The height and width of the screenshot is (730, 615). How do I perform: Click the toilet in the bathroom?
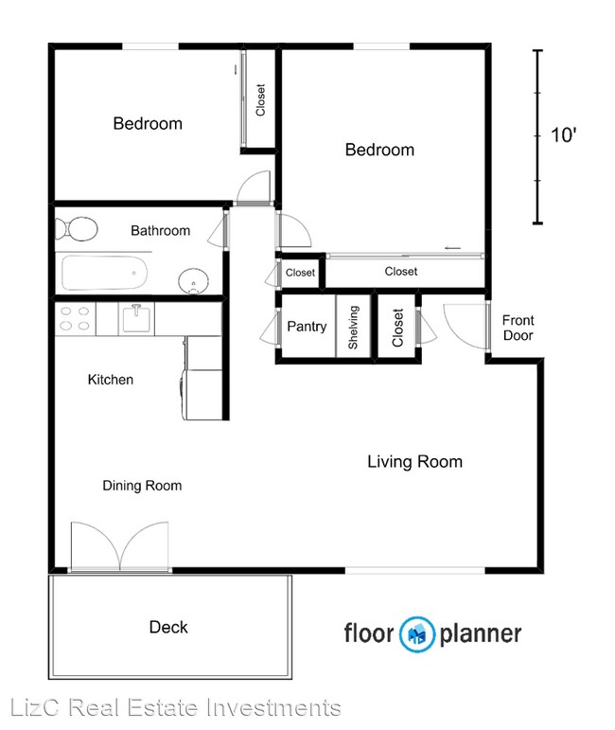[x=77, y=228]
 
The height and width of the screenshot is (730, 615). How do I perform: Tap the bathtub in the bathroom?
[x=105, y=273]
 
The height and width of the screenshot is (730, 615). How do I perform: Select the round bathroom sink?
[x=194, y=281]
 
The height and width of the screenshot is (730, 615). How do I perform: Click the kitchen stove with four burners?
[x=76, y=319]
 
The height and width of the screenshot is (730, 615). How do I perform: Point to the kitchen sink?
[x=136, y=318]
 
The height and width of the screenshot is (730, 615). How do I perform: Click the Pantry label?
[x=307, y=327]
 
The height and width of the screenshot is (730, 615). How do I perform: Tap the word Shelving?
[x=353, y=328]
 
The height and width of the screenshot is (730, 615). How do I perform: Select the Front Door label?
[x=518, y=328]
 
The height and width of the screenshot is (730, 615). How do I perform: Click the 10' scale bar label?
[x=563, y=135]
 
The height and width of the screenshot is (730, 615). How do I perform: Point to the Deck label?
[x=168, y=627]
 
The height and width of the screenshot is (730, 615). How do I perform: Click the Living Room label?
[x=415, y=462]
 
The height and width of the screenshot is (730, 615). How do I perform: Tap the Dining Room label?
[x=142, y=486]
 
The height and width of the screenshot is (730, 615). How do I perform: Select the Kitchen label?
[x=111, y=380]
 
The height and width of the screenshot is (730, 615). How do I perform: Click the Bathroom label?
[x=161, y=230]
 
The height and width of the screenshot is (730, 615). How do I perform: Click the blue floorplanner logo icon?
[x=417, y=633]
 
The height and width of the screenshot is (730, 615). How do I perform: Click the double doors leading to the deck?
[x=119, y=546]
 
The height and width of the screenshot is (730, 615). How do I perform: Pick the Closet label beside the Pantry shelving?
[x=397, y=328]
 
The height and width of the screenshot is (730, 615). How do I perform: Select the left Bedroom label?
[x=148, y=123]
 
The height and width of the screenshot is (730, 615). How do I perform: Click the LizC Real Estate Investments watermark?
[x=175, y=707]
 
